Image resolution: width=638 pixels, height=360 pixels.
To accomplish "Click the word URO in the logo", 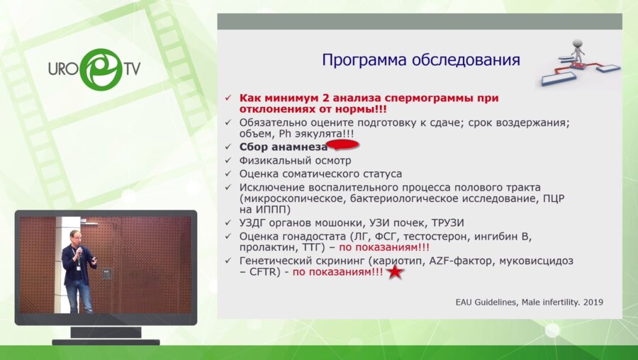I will [x=63, y=69].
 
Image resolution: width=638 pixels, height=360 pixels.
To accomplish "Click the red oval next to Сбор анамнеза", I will [x=344, y=146].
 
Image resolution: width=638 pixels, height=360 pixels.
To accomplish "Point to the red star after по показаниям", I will [x=396, y=271].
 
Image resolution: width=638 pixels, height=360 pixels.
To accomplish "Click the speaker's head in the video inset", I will [x=74, y=236].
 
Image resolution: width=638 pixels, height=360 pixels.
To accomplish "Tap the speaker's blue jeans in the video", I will [x=79, y=296].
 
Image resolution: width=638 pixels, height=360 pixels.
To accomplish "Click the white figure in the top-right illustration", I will [x=578, y=49].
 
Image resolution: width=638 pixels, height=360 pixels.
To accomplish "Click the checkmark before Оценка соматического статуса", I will [x=228, y=174].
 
